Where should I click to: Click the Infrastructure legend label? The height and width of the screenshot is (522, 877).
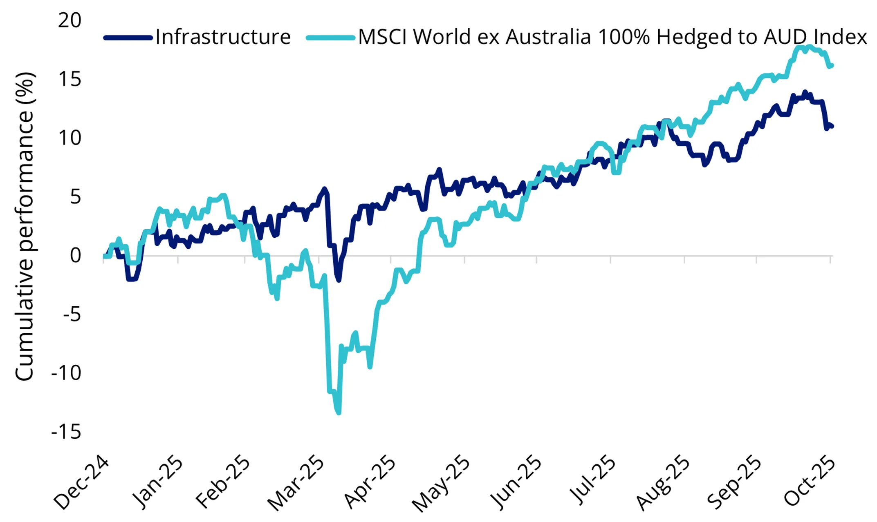tap(223, 37)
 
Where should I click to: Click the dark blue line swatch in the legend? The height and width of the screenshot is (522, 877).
tap(128, 38)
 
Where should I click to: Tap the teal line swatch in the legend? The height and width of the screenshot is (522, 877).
tap(330, 38)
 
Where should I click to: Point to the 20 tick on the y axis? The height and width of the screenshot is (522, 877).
tap(70, 20)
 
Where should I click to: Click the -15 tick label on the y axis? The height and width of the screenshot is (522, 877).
tap(66, 432)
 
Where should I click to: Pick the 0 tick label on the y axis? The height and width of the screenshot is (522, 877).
tap(75, 256)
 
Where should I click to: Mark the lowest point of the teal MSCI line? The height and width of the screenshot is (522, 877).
tap(339, 413)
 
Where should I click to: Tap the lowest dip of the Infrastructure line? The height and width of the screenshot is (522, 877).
tap(339, 280)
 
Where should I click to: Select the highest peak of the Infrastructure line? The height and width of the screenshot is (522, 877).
tap(805, 92)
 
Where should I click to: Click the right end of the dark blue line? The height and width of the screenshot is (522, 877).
tap(832, 126)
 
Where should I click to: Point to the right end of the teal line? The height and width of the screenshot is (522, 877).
tap(832, 65)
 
